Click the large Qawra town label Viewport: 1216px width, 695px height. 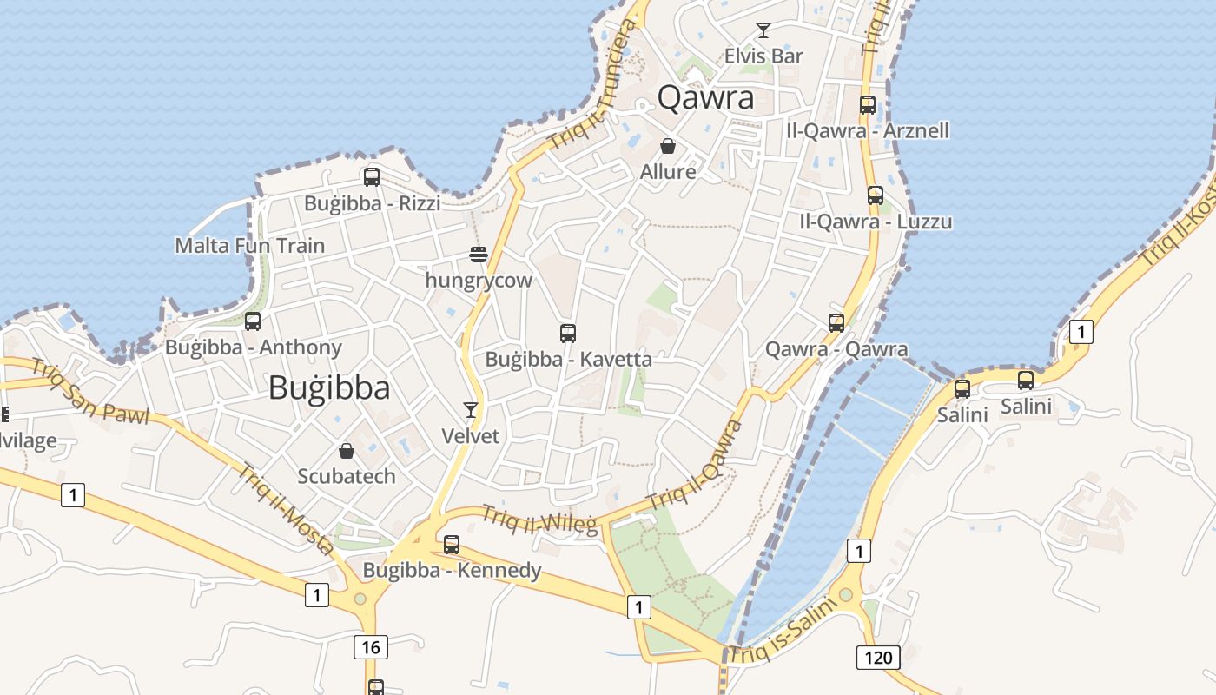click(705, 97)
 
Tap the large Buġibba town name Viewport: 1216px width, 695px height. click(329, 387)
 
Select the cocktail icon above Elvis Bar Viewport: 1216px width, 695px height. click(763, 31)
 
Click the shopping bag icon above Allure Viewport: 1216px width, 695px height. click(668, 146)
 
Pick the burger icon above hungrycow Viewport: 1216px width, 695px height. click(479, 255)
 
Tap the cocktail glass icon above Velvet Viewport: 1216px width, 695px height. click(471, 409)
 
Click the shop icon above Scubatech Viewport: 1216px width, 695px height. click(347, 451)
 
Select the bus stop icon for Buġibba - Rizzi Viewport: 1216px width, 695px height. click(372, 177)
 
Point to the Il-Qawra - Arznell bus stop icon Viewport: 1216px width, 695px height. click(868, 105)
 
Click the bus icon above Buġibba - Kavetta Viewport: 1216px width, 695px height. click(568, 333)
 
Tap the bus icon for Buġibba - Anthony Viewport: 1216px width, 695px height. click(253, 321)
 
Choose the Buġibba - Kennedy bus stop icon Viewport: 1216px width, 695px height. click(452, 545)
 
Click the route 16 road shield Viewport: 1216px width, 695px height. click(370, 646)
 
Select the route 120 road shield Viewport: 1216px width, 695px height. click(878, 657)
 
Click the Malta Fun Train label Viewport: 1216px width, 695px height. click(250, 246)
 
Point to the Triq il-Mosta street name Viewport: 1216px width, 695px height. click(286, 509)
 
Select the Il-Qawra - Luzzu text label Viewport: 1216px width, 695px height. click(876, 222)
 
